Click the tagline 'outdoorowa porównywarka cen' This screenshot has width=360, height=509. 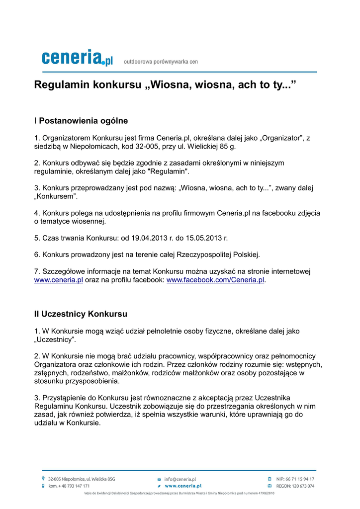click(161, 62)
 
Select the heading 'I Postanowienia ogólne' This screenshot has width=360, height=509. click(81, 121)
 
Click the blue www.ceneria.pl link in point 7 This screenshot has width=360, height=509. click(58, 280)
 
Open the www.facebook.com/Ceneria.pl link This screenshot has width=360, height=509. click(215, 280)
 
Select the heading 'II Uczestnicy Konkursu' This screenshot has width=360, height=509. click(81, 314)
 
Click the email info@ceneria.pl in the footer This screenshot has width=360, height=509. click(180, 479)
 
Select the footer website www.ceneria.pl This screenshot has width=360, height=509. click(182, 486)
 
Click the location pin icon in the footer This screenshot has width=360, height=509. click(44, 479)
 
